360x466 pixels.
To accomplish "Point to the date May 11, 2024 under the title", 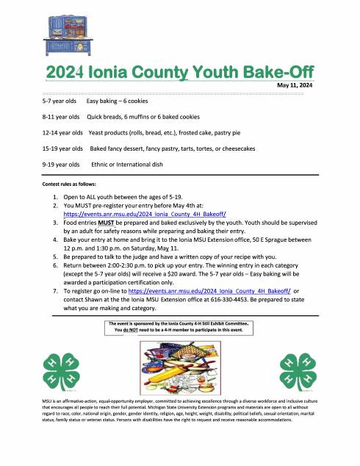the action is click(295, 86).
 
